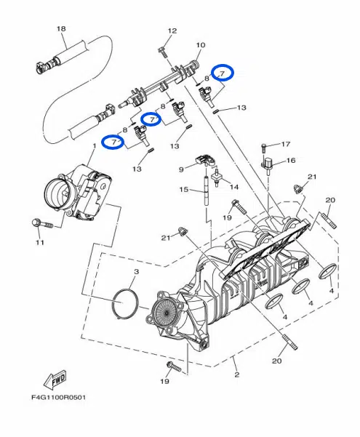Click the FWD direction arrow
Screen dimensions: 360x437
coord(55,380)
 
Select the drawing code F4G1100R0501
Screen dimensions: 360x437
coord(58,397)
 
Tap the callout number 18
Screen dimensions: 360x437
coord(61,28)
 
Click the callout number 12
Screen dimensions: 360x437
coord(172,31)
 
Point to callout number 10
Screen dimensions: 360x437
coord(201,45)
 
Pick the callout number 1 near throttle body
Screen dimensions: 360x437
coord(95,145)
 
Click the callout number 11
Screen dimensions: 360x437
coord(40,242)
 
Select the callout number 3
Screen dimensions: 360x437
coord(136,271)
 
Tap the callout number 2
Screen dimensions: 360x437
coord(237,374)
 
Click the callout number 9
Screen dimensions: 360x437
coord(181,169)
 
